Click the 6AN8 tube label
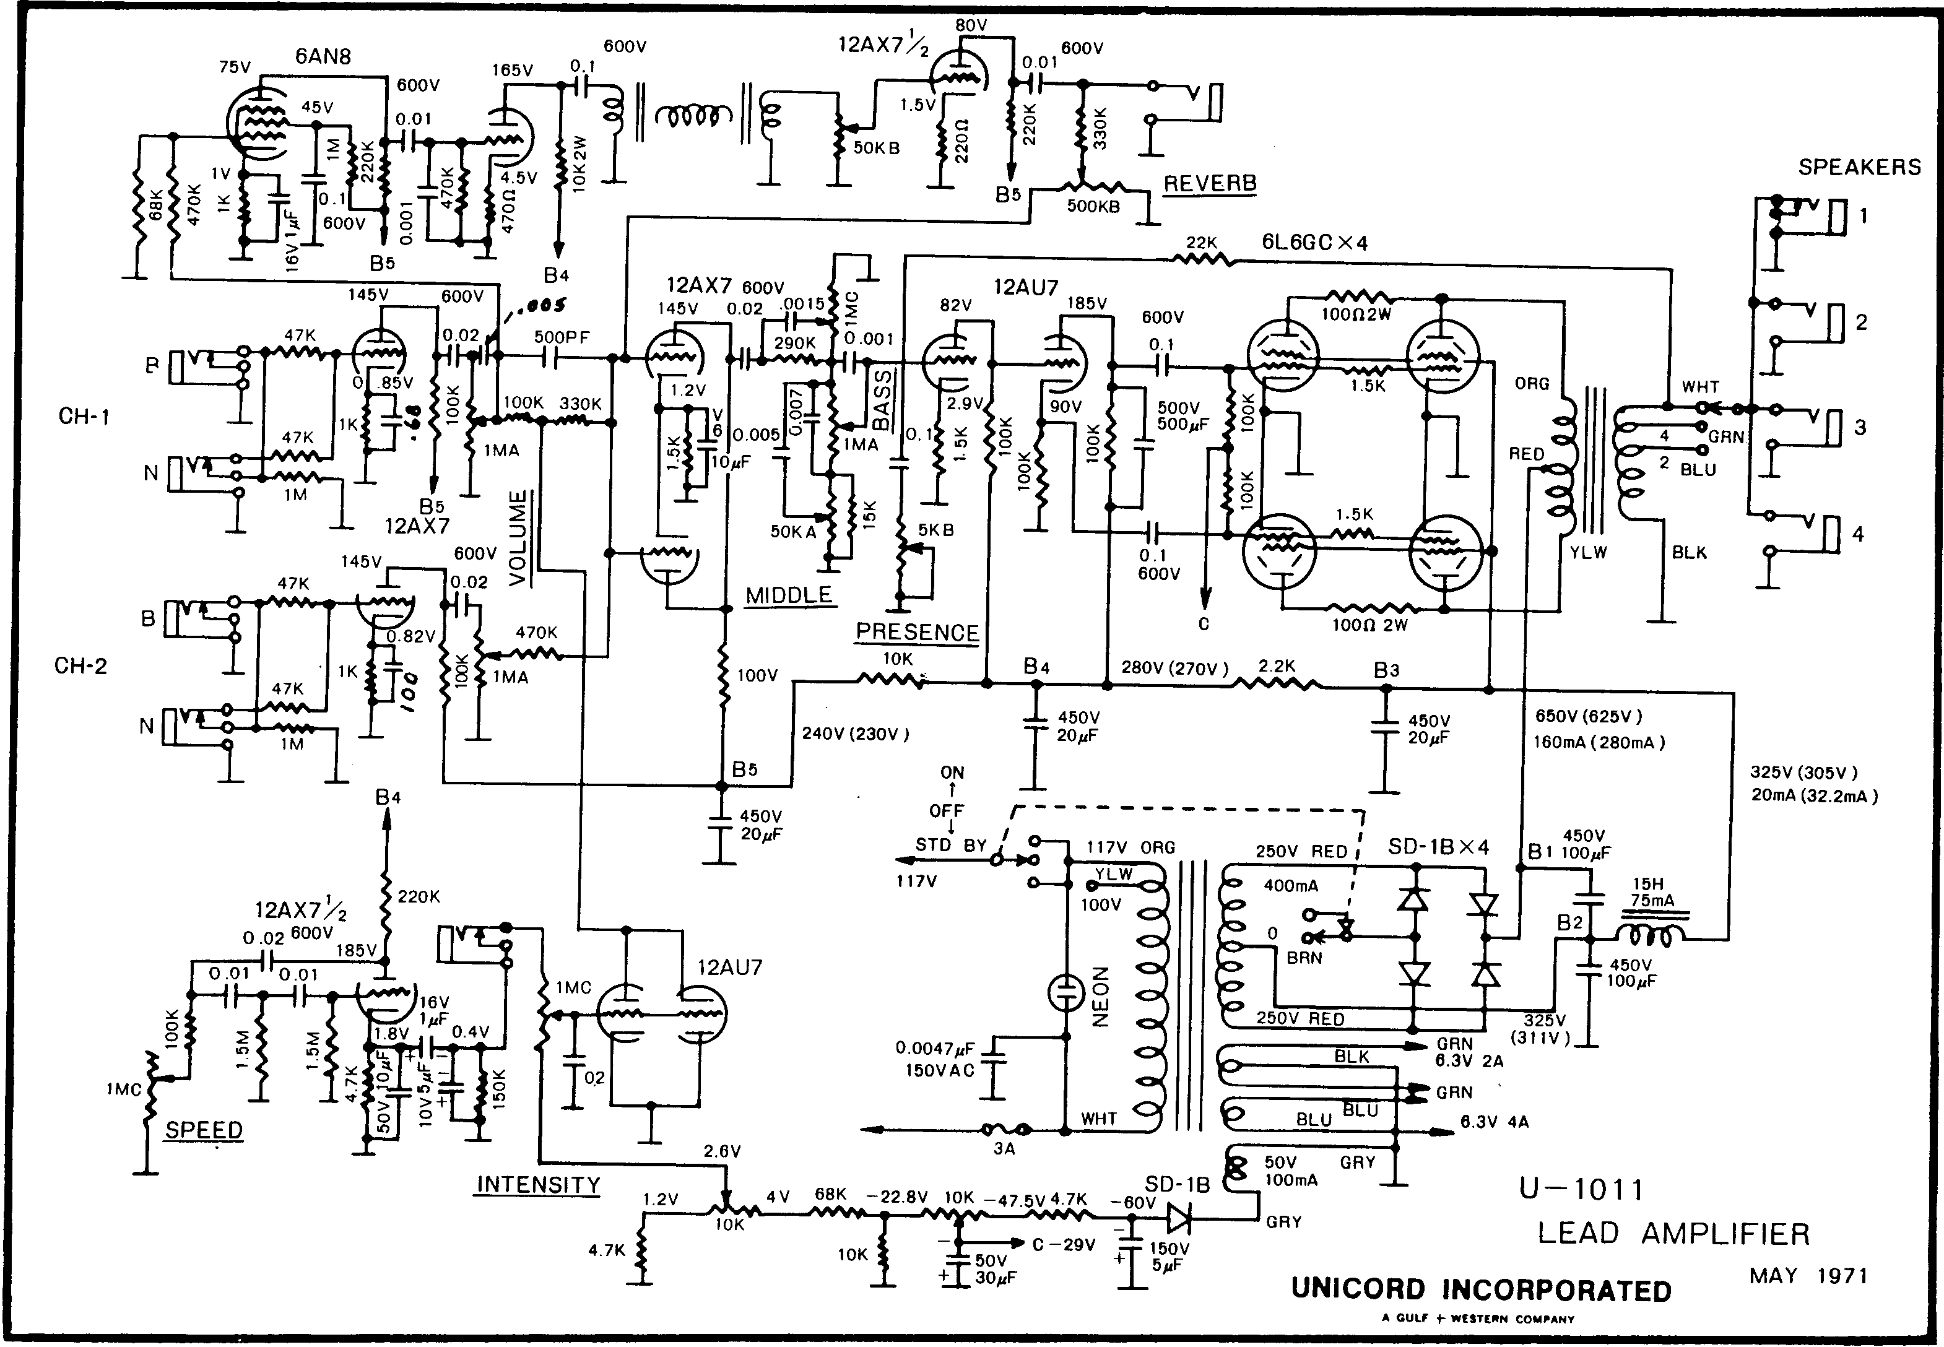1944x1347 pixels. click(323, 56)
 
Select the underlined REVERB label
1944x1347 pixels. click(1210, 183)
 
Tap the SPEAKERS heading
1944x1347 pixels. click(1859, 167)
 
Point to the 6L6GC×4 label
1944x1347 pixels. click(1314, 242)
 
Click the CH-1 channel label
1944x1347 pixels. click(84, 416)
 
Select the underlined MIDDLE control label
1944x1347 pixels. click(788, 595)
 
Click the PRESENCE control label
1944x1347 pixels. click(917, 632)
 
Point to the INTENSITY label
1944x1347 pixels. click(538, 1185)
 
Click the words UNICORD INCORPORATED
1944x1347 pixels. click(1480, 1289)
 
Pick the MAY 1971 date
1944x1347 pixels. click(1808, 1276)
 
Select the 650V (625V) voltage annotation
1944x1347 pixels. click(1589, 717)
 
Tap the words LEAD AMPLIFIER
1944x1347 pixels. click(1673, 1234)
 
